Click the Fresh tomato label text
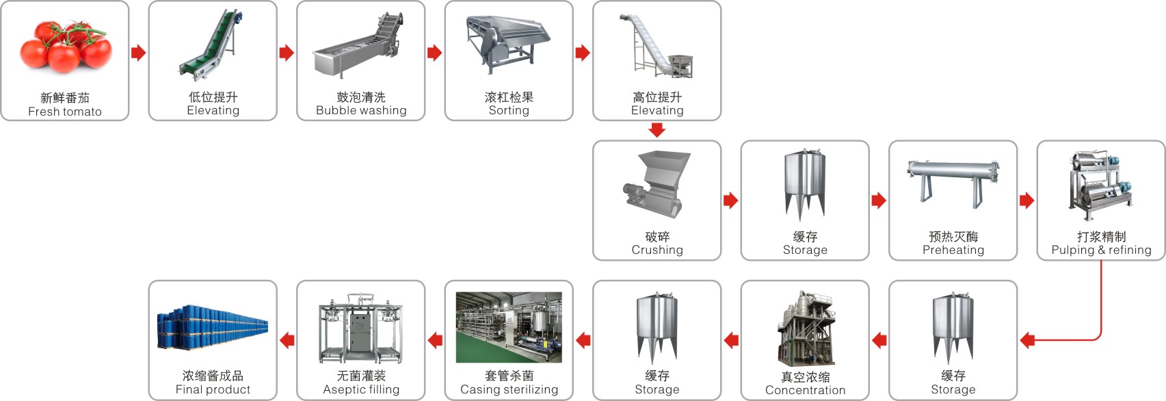[64, 112]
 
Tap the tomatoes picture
[65, 48]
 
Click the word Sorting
[509, 111]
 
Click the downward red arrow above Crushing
[657, 130]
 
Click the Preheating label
[953, 250]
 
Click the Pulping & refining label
[1101, 250]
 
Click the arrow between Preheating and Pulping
[1026, 200]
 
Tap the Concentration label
[805, 390]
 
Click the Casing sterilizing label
[509, 389]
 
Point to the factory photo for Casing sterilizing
[509, 328]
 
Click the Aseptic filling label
[361, 389]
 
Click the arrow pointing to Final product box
[287, 340]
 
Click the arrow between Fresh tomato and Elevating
[138, 53]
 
